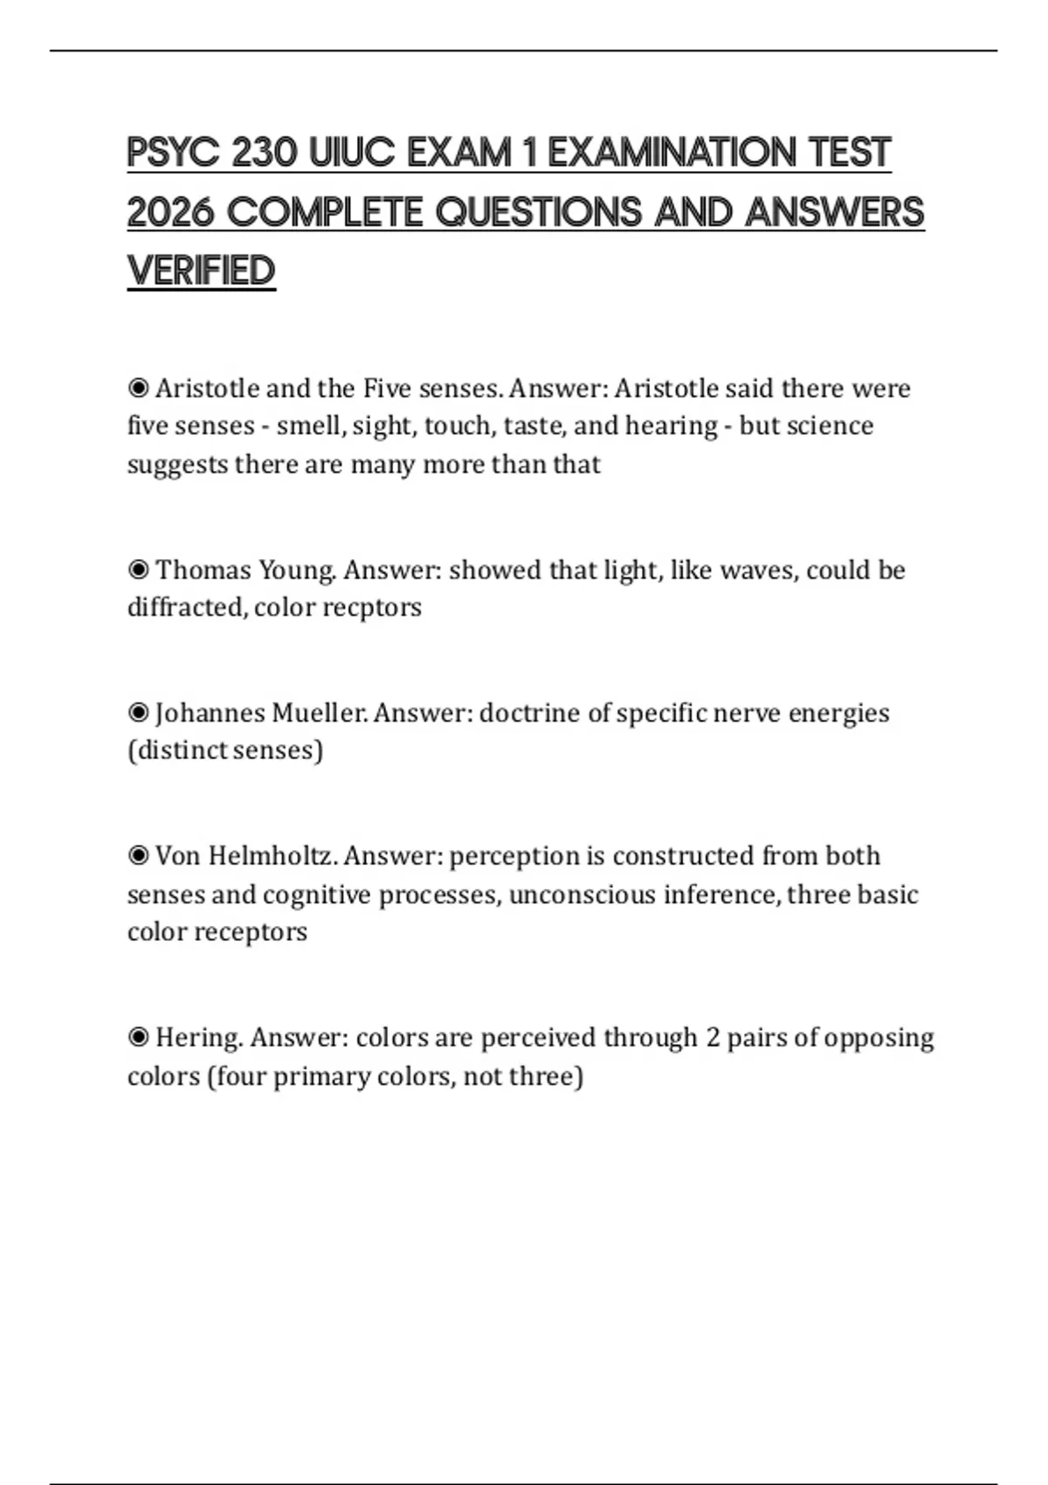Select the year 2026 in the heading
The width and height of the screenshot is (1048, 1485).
pyautogui.click(x=170, y=212)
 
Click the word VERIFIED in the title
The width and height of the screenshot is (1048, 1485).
pyautogui.click(x=201, y=271)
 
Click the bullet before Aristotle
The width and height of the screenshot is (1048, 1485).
pyautogui.click(x=138, y=387)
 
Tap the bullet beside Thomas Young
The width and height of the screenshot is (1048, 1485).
pyautogui.click(x=138, y=570)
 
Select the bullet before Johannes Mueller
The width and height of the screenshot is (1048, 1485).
pyautogui.click(x=138, y=713)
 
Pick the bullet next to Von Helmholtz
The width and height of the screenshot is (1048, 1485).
pyautogui.click(x=138, y=855)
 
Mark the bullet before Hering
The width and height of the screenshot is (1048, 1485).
pyautogui.click(x=138, y=1038)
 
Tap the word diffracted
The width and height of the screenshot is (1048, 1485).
pyautogui.click(x=186, y=607)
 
